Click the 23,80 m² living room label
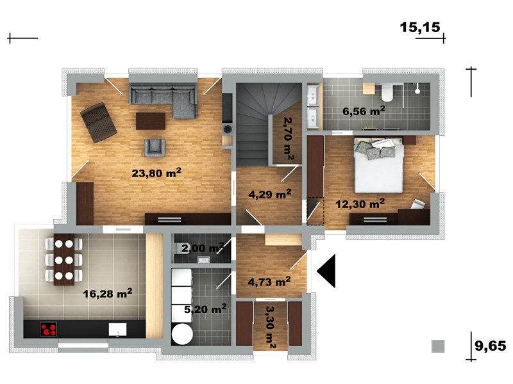pyautogui.click(x=156, y=172)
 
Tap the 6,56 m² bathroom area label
pyautogui.click(x=364, y=111)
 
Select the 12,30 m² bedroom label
pyautogui.click(x=360, y=204)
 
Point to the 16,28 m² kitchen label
pyautogui.click(x=108, y=293)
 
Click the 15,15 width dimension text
pyautogui.click(x=420, y=28)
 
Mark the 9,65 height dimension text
pyautogui.click(x=490, y=346)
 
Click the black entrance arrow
pyautogui.click(x=326, y=271)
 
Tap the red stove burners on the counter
pyautogui.click(x=49, y=329)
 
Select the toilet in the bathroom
pyautogui.click(x=388, y=92)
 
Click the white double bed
pyautogui.click(x=378, y=166)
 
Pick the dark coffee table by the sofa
pyautogui.click(x=151, y=121)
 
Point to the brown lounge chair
pyautogui.click(x=99, y=122)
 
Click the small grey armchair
pyautogui.click(x=155, y=148)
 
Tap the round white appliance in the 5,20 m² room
pyautogui.click(x=182, y=333)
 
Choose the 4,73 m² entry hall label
pyautogui.click(x=269, y=282)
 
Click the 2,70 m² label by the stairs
pyautogui.click(x=288, y=139)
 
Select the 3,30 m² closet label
pyautogui.click(x=271, y=327)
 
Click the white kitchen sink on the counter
pyautogui.click(x=117, y=330)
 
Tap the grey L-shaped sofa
pyautogui.click(x=163, y=100)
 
